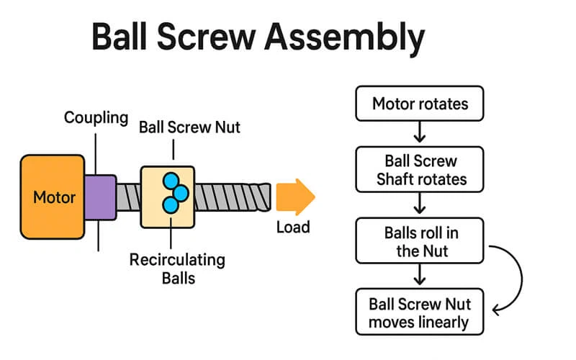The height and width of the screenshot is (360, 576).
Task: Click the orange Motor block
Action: click(x=54, y=197)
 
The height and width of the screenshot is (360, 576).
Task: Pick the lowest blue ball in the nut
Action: click(x=171, y=206)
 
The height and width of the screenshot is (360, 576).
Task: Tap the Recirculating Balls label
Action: click(x=177, y=267)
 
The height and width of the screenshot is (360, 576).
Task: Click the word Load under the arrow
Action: click(x=293, y=228)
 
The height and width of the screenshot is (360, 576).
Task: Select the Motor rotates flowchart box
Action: click(x=420, y=104)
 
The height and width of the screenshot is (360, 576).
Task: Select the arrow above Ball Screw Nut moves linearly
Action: click(x=420, y=274)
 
